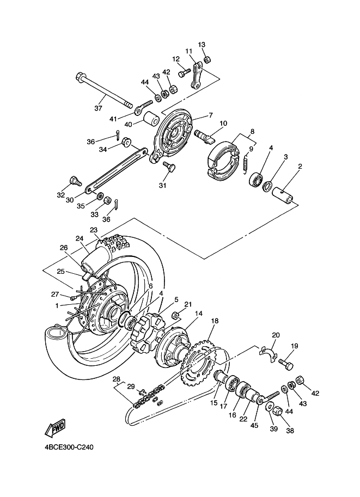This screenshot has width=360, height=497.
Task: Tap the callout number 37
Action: [x=99, y=108]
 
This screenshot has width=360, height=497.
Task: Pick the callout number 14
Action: [x=199, y=314]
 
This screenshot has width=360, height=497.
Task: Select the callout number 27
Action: [x=55, y=294]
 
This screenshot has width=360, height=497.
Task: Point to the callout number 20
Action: [x=276, y=335]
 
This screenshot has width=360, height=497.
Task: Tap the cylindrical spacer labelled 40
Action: [x=152, y=119]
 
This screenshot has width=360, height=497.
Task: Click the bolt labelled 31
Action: [x=169, y=167]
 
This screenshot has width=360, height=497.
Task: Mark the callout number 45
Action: [x=254, y=425]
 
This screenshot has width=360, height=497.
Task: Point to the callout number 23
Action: [x=94, y=230]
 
